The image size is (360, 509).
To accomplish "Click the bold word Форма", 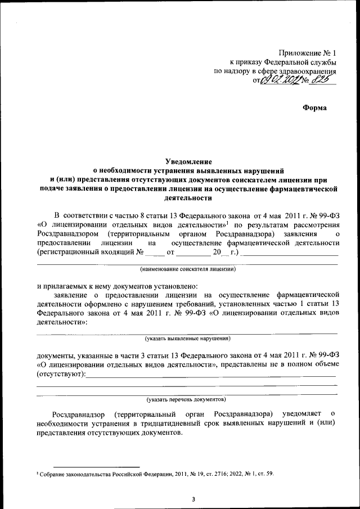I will click(314, 107).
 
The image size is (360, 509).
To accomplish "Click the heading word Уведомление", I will click(180, 160).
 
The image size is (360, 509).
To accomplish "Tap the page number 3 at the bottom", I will click(193, 498).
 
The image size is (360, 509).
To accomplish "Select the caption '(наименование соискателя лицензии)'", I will click(188, 269).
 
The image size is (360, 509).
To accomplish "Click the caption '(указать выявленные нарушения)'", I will click(187, 339).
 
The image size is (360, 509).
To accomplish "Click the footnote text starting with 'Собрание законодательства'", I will click(155, 474).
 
